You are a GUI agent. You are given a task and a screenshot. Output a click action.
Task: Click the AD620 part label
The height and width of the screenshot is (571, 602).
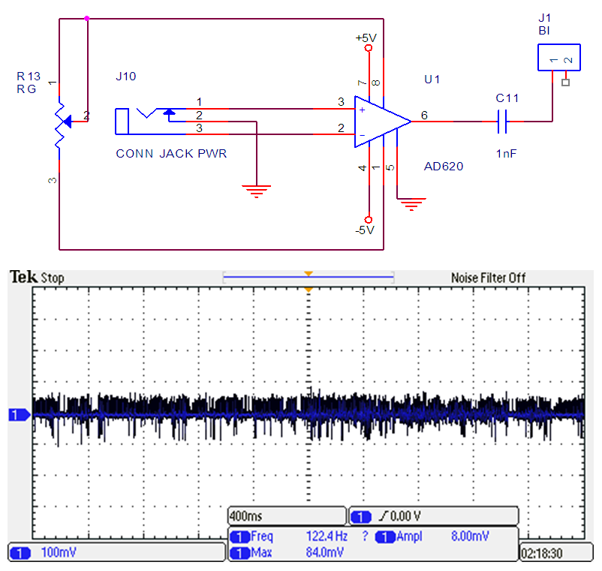coord(444,167)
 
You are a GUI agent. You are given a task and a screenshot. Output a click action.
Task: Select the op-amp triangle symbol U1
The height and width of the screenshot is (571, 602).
coord(380,120)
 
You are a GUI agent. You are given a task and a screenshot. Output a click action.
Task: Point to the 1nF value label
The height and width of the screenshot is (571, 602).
coord(507,153)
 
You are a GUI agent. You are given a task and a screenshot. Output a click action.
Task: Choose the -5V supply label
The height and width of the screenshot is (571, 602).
coord(365,230)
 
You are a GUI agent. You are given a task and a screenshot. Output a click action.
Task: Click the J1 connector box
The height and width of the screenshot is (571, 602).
coord(558,59)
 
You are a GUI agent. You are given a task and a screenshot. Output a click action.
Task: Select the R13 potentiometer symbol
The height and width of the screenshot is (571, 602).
coord(60,120)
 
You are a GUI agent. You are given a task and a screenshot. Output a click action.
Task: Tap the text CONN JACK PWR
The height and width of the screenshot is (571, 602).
coord(171,154)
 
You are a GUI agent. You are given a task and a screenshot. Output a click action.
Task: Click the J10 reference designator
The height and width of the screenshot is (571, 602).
coord(125,77)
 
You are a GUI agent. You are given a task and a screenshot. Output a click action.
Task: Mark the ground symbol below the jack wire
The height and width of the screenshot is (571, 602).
coord(257,191)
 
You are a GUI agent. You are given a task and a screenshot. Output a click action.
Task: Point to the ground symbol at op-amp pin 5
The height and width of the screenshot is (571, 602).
coord(411,203)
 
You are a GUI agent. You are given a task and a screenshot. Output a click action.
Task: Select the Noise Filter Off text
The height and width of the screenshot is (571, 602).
coord(488,278)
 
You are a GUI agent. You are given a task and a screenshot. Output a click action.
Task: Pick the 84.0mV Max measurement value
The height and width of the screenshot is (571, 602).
coord(325,553)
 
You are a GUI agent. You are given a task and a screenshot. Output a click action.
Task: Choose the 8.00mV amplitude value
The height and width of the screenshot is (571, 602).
coord(471,536)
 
